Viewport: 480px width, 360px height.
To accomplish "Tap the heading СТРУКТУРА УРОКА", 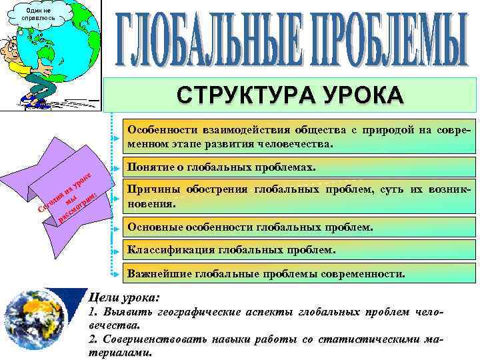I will [x=290, y=94].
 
